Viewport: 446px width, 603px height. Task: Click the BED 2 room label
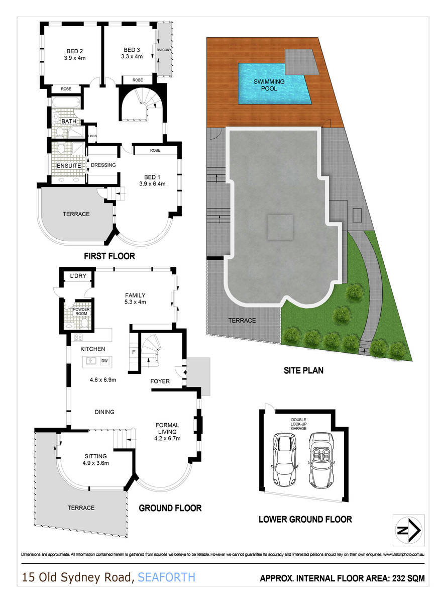[74, 50]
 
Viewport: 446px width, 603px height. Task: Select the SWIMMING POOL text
[269, 85]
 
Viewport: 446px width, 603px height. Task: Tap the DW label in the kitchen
[104, 360]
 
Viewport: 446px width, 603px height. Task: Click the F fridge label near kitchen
[134, 352]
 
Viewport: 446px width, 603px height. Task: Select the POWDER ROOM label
[81, 312]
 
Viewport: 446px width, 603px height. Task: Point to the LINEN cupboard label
[92, 136]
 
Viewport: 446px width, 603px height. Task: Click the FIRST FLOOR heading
[109, 256]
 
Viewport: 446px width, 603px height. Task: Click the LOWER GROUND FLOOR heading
[305, 519]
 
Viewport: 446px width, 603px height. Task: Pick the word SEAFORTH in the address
[166, 577]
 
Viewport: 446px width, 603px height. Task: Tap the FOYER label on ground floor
[160, 381]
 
